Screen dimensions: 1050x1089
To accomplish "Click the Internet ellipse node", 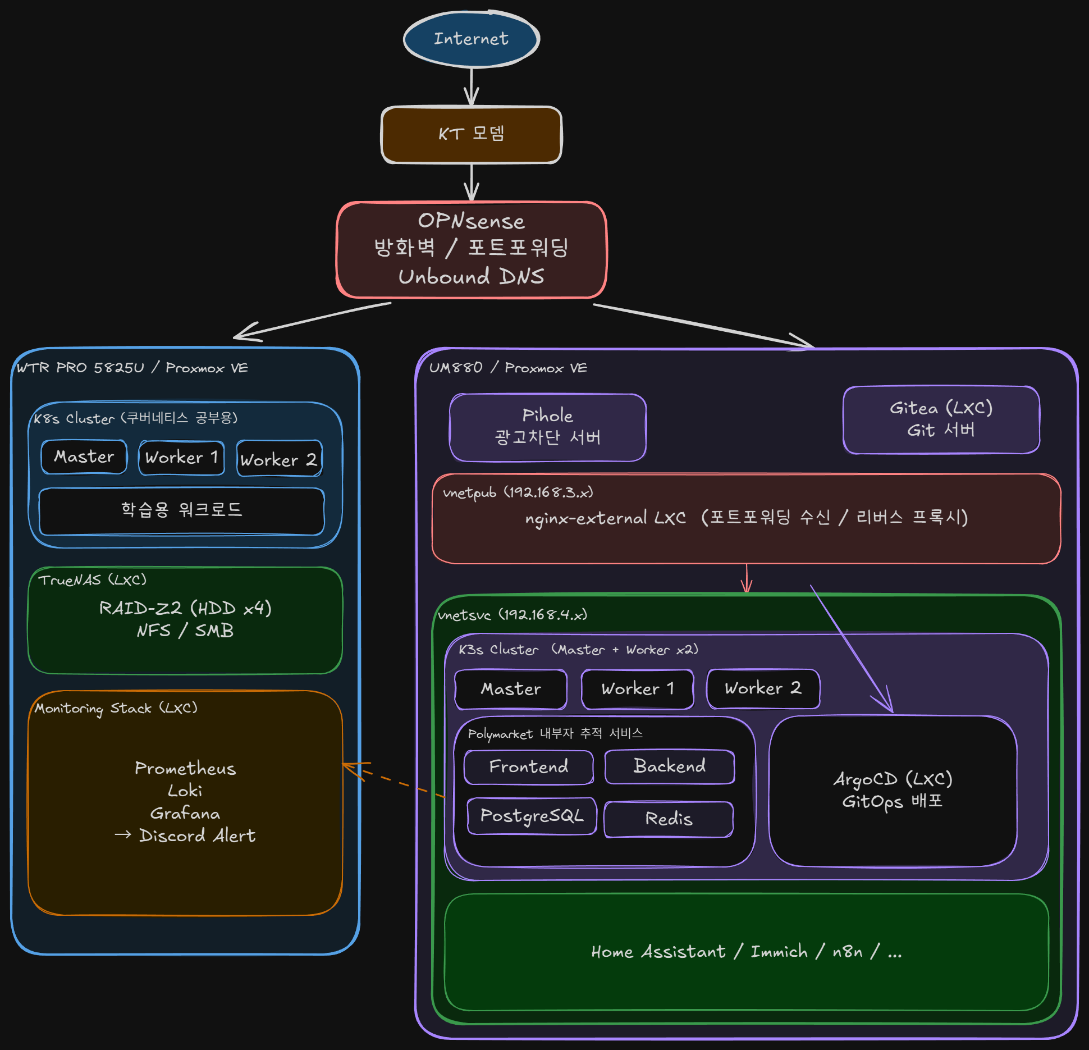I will pyautogui.click(x=471, y=39).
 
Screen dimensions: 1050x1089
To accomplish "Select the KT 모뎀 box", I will pyautogui.click(x=471, y=134).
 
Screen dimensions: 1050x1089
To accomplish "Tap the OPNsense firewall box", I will pyautogui.click(x=471, y=249).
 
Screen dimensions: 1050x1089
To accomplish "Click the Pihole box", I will pyautogui.click(x=547, y=427).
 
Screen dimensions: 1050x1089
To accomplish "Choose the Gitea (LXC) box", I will pyautogui.click(x=941, y=419).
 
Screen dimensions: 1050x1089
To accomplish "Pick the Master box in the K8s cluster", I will pyautogui.click(x=84, y=457).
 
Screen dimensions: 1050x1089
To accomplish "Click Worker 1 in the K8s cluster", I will pyautogui.click(x=181, y=458).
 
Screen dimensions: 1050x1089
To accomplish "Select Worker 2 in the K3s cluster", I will pyautogui.click(x=763, y=688).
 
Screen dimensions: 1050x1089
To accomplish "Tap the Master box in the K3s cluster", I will pyautogui.click(x=511, y=689).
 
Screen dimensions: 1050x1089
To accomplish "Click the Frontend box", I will pyautogui.click(x=528, y=767).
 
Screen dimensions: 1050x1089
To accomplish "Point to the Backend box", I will pyautogui.click(x=669, y=766).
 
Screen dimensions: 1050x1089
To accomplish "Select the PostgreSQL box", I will pyautogui.click(x=532, y=816).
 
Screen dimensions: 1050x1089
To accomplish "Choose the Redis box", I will pyautogui.click(x=669, y=819).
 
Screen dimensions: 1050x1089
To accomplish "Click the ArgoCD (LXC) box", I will pyautogui.click(x=893, y=791).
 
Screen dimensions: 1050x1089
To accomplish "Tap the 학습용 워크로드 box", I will pyautogui.click(x=181, y=510).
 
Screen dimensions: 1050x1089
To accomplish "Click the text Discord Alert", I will pyautogui.click(x=197, y=836).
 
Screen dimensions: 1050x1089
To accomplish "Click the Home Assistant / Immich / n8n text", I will pyautogui.click(x=746, y=952).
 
